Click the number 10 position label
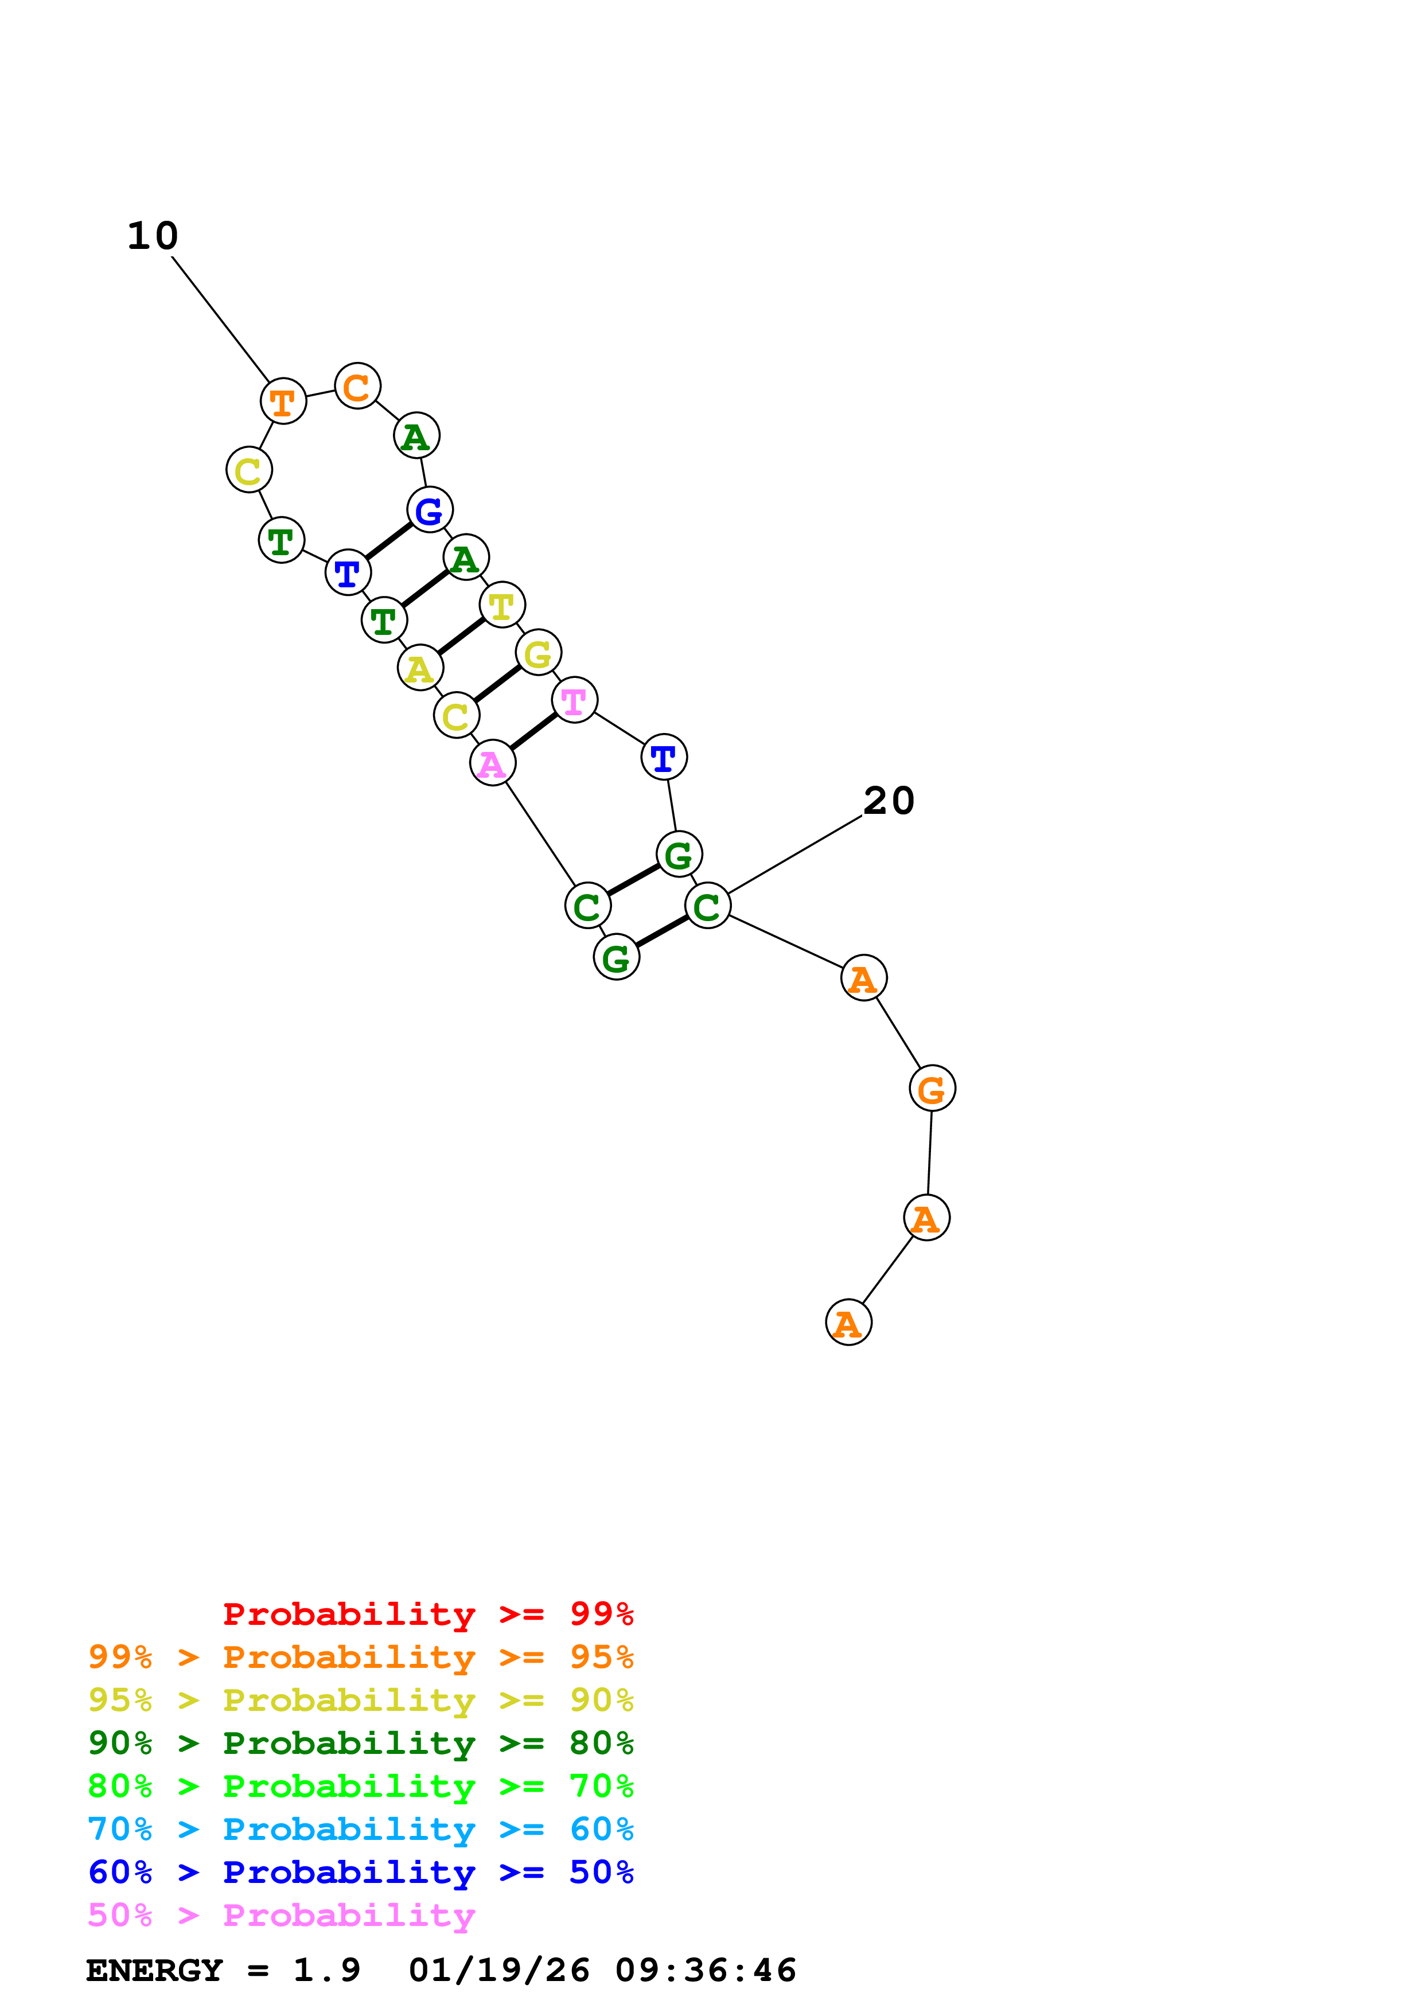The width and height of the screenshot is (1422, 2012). (x=153, y=236)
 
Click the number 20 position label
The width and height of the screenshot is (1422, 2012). (x=889, y=800)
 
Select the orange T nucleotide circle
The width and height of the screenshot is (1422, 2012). (x=283, y=401)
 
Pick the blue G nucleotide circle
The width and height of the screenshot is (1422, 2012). (x=429, y=510)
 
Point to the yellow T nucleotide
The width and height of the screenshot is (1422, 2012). (x=502, y=605)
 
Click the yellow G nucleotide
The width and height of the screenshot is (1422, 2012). (x=538, y=653)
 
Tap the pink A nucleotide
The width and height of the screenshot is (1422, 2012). (x=492, y=763)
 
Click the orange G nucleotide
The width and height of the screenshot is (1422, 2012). (x=932, y=1089)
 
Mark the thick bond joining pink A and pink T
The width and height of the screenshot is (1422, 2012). (x=533, y=732)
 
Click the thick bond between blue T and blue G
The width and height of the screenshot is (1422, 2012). (x=388, y=541)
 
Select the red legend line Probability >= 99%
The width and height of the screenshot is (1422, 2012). (x=427, y=1614)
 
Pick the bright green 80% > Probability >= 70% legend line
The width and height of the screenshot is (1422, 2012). (x=360, y=1786)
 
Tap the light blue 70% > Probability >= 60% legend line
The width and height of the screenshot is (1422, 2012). (x=360, y=1829)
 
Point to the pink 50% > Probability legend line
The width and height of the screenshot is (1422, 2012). (x=281, y=1914)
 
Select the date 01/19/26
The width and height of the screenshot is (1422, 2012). (x=498, y=1970)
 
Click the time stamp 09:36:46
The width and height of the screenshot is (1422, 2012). (x=706, y=1970)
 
